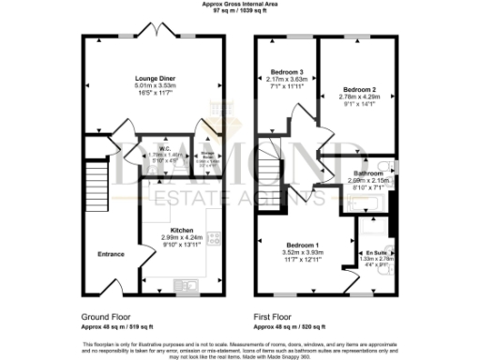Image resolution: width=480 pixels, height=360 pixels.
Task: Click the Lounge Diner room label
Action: coord(155,77)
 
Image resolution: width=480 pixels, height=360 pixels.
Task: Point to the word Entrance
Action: coord(111,253)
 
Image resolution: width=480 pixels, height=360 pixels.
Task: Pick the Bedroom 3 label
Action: coord(288,72)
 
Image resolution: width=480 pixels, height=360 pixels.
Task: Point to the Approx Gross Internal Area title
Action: coord(239,4)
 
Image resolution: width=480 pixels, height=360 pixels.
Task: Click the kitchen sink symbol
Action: coord(181,282)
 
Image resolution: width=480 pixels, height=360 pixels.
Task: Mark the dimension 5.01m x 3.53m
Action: coord(155,85)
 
